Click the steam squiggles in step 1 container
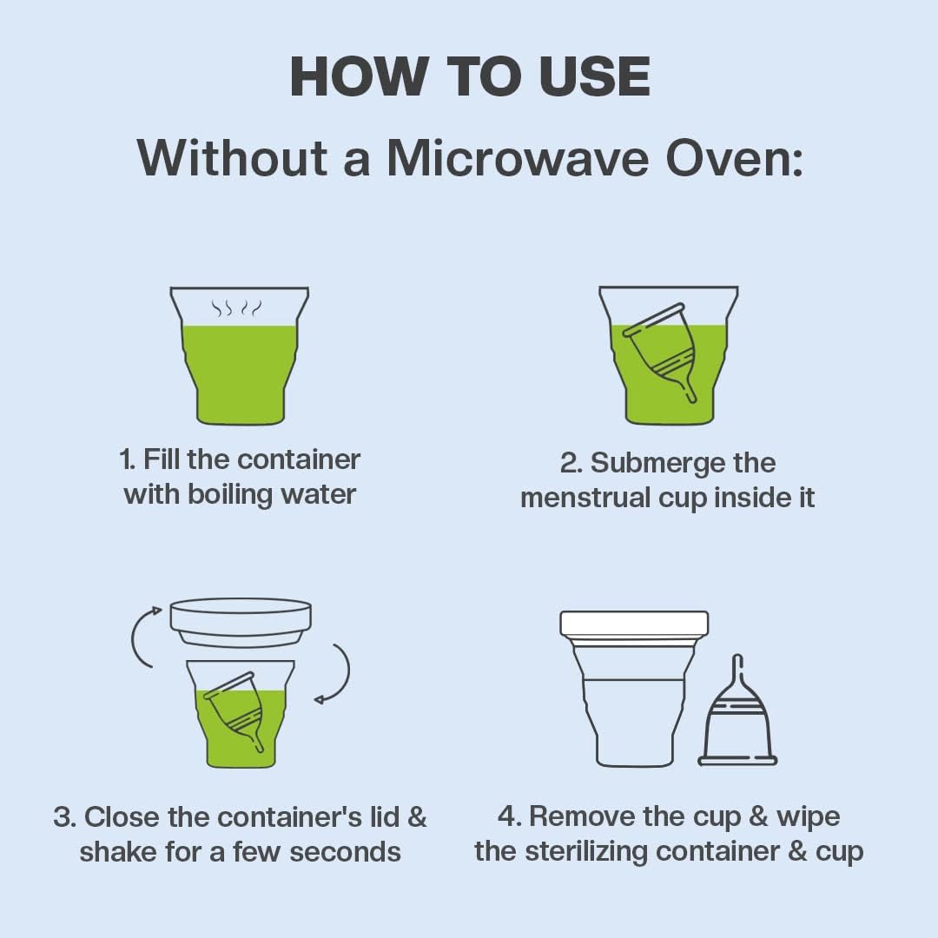[x=237, y=308]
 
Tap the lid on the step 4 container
[x=634, y=624]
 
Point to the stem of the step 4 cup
[x=737, y=670]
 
